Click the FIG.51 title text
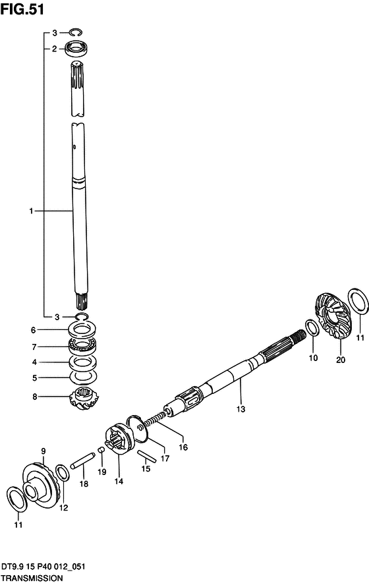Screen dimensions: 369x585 click(22, 9)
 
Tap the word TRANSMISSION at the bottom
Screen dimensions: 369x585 click(32, 578)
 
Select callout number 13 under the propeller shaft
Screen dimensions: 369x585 click(241, 409)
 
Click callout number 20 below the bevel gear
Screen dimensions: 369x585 click(341, 360)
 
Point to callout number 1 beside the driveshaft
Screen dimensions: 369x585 click(32, 211)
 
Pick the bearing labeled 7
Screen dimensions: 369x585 click(82, 347)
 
